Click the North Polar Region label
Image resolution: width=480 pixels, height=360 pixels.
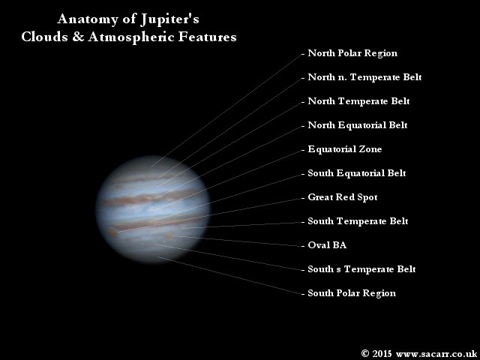352,53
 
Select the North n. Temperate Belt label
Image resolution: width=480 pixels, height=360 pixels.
364,77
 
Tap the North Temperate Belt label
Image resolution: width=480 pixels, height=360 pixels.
358,101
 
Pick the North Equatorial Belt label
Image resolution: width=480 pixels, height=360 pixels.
358,125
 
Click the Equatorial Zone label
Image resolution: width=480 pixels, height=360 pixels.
345,149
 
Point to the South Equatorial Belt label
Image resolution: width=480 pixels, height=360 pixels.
357,173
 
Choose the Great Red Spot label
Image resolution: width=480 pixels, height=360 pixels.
343,197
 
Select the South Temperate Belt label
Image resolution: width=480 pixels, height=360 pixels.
358,221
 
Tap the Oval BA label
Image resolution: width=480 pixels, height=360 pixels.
327,245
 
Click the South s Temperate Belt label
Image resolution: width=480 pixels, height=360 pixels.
361,269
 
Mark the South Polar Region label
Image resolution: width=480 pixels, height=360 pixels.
352,293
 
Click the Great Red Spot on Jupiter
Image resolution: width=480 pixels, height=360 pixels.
113,233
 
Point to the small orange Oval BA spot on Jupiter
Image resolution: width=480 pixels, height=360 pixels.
169,236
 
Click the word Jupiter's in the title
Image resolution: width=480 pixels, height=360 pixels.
170,19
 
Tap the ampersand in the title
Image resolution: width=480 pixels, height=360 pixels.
78,37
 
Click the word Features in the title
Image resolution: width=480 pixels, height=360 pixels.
207,37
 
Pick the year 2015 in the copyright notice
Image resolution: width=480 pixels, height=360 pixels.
382,353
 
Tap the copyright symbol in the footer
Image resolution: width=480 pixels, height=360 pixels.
364,353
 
